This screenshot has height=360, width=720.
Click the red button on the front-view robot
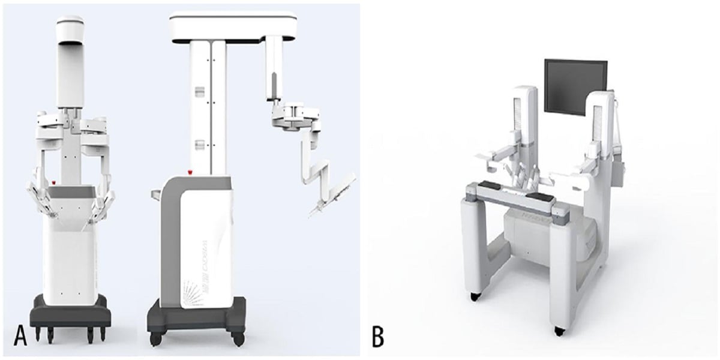[55, 181]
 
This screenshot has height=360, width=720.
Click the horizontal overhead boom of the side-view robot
[234, 28]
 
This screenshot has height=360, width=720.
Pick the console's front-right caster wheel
[559, 331]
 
